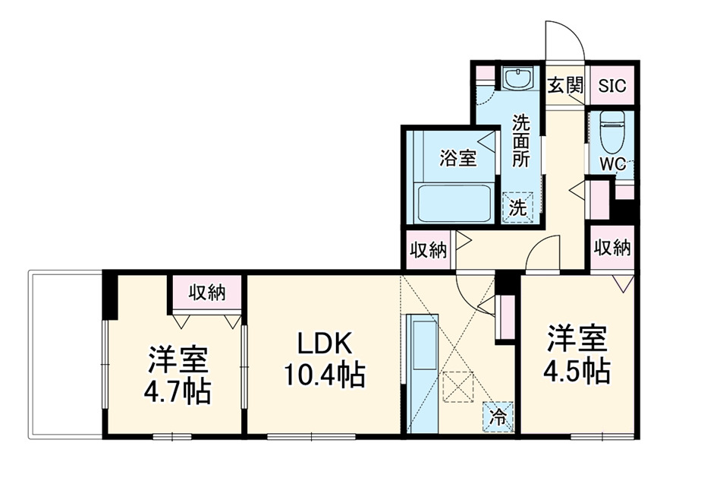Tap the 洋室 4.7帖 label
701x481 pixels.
click(x=178, y=374)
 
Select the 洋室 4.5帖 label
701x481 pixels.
click(x=577, y=355)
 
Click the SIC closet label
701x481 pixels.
click(x=612, y=86)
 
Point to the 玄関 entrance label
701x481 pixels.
click(x=565, y=85)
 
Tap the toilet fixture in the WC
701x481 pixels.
click(x=611, y=133)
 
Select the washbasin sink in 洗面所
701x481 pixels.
click(x=519, y=79)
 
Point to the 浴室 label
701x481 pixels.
click(x=458, y=158)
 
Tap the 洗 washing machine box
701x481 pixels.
click(x=518, y=206)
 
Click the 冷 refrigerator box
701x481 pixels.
click(x=498, y=416)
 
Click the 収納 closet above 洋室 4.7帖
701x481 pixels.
click(x=207, y=292)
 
